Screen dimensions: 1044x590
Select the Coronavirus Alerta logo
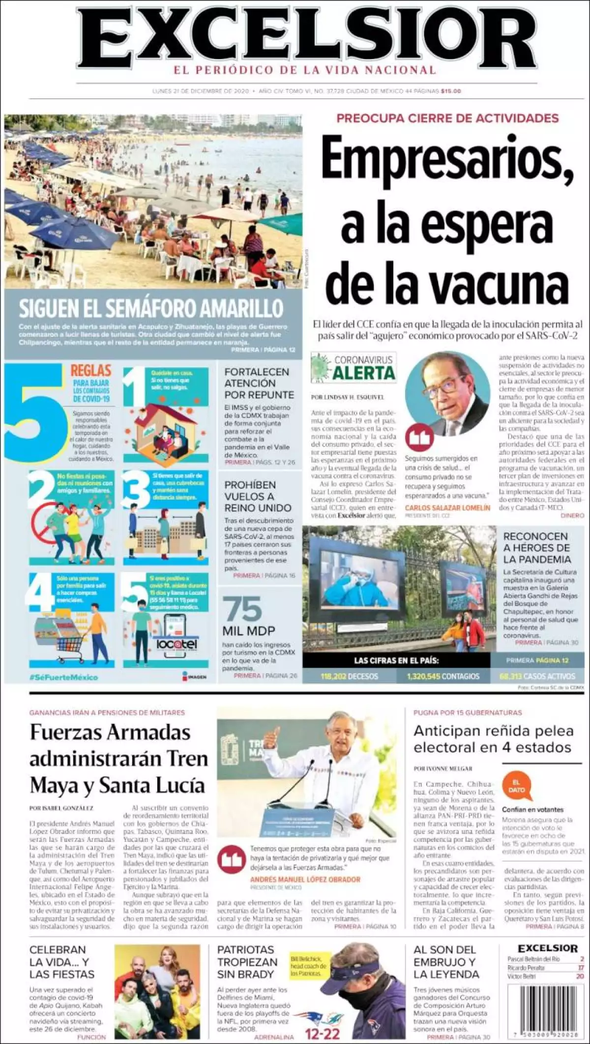pyautogui.click(x=354, y=368)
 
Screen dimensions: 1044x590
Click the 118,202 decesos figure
pyautogui.click(x=349, y=676)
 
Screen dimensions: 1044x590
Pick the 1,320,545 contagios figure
pyautogui.click(x=443, y=676)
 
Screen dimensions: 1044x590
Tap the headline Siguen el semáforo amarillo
pyautogui.click(x=151, y=309)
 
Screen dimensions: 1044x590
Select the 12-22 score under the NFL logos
pyautogui.click(x=322, y=1034)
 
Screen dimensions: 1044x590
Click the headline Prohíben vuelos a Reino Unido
pyautogui.click(x=258, y=496)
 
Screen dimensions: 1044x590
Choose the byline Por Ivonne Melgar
pyautogui.click(x=443, y=768)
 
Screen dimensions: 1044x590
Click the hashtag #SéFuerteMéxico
pyautogui.click(x=63, y=677)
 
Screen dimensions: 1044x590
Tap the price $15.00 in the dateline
pyautogui.click(x=451, y=91)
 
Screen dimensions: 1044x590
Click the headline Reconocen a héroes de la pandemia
pyautogui.click(x=537, y=547)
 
